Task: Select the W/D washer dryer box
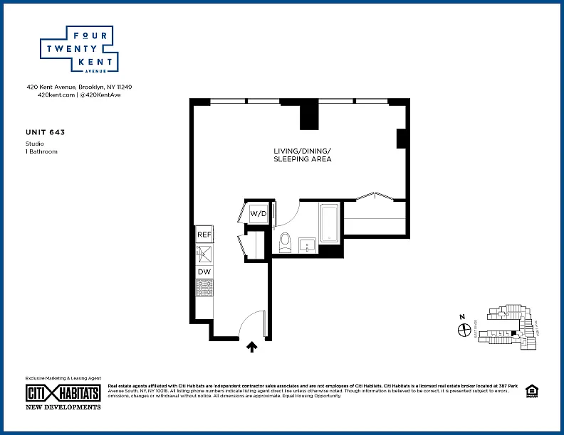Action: (x=257, y=213)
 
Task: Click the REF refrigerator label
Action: (x=204, y=235)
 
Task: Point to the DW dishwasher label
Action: (x=204, y=272)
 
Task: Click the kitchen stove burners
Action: (x=204, y=288)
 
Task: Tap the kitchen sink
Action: (x=203, y=252)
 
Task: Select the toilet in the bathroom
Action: (x=286, y=242)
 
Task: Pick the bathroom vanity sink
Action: (x=308, y=245)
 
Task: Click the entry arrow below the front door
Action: (x=251, y=347)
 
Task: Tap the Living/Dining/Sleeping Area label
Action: (x=303, y=155)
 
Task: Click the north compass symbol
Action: (x=461, y=329)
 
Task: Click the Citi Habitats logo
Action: (x=63, y=393)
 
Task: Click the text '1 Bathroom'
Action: (x=41, y=151)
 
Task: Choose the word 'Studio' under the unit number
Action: (x=34, y=144)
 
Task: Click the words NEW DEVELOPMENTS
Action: (x=63, y=407)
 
